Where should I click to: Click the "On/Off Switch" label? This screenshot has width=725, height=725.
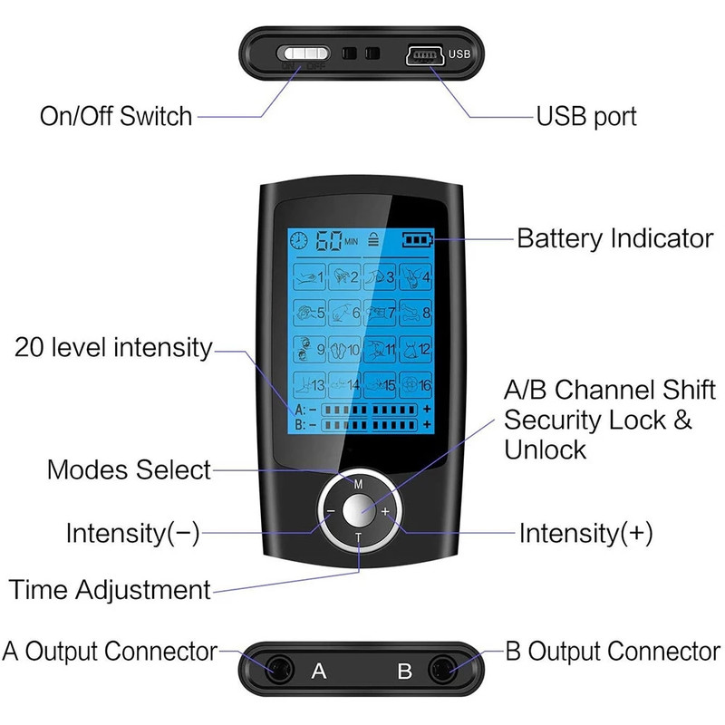point(116,116)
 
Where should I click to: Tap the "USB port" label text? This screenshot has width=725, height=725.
point(586,116)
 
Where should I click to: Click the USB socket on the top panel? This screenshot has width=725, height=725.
point(421,54)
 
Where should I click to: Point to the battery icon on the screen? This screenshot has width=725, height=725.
point(418,240)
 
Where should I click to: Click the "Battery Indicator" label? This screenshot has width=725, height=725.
point(614,239)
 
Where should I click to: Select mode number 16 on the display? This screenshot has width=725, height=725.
point(415,385)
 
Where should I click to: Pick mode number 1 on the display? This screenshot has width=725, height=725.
point(309,276)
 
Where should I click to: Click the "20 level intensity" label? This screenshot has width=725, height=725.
point(113,347)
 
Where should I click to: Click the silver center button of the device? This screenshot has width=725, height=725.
point(358,510)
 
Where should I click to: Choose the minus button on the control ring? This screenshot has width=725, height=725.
point(330,511)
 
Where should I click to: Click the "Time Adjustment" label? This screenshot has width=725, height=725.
point(110,590)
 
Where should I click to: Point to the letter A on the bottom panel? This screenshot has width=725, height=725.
point(319,672)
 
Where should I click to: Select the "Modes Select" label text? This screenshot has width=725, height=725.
point(129,470)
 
